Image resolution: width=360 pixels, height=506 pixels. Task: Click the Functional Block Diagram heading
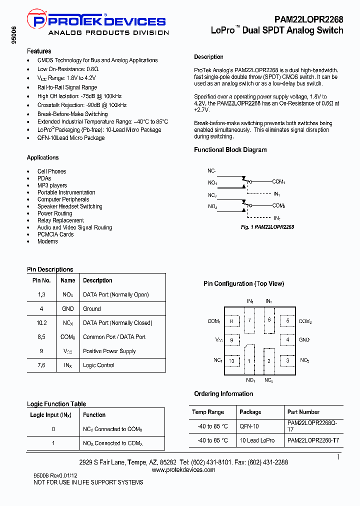click(230, 149)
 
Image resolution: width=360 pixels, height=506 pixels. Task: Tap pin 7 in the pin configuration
click(249, 320)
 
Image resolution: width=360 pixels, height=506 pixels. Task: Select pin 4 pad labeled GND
click(287, 340)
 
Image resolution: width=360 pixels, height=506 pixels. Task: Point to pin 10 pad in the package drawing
click(231, 360)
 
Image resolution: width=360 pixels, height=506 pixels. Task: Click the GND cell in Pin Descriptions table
click(68, 309)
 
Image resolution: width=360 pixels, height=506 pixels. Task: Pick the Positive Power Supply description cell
click(109, 351)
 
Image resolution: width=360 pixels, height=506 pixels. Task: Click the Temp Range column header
click(208, 412)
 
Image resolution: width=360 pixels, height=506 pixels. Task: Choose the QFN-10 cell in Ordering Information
click(249, 426)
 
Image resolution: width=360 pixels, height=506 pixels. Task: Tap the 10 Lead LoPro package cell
click(257, 440)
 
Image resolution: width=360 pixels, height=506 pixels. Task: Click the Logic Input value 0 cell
click(53, 429)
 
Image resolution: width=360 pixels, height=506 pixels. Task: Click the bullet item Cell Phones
click(51, 171)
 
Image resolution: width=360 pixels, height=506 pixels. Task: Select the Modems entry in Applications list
click(47, 241)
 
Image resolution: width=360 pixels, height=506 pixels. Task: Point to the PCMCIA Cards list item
click(55, 234)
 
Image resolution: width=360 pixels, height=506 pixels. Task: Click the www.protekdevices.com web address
click(183, 469)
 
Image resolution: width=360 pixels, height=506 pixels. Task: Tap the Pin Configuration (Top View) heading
click(243, 283)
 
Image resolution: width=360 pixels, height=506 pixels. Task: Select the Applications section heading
click(42, 157)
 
